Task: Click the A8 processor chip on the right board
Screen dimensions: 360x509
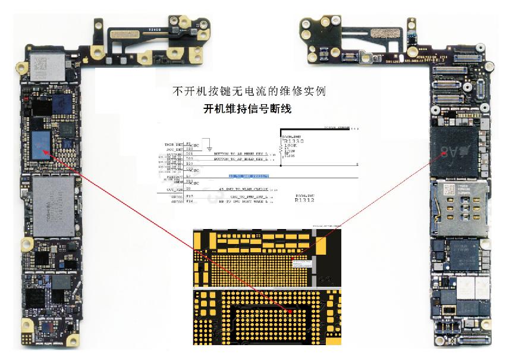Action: click(x=456, y=151)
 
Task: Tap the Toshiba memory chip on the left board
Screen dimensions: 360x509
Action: click(x=54, y=205)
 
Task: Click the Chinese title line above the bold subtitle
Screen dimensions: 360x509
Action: click(x=249, y=92)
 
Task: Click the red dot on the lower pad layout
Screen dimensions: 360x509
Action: click(x=290, y=311)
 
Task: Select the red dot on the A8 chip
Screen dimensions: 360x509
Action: click(x=447, y=154)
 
